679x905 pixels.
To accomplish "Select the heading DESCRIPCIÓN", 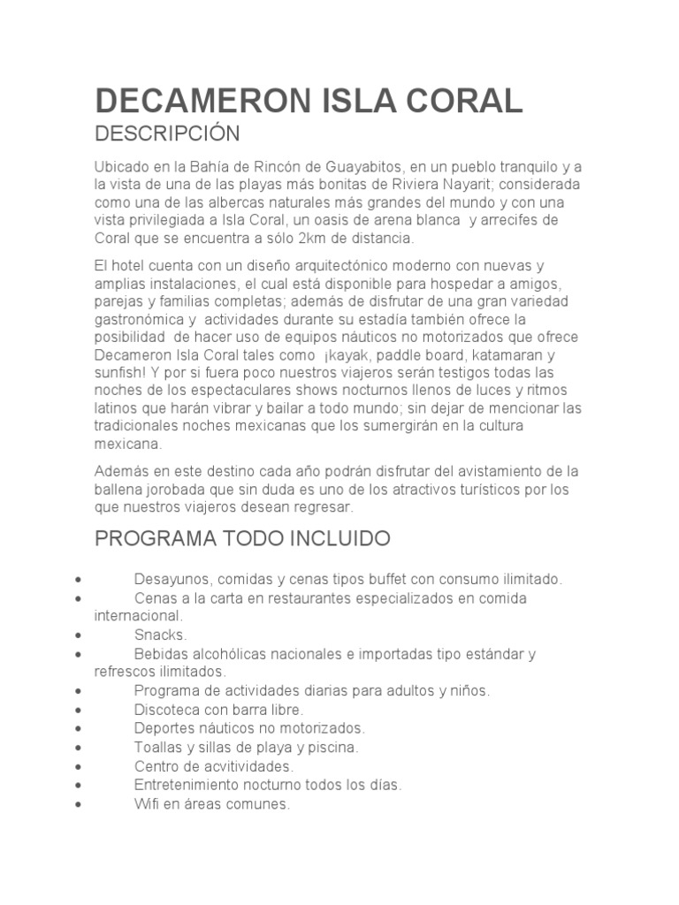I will tap(167, 134).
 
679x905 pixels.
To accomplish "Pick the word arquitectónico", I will tap(324, 266).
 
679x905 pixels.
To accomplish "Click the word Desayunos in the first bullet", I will tap(172, 580).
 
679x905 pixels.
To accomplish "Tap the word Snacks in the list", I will tap(160, 635).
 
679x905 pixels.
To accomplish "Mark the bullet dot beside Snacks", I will tap(80, 635).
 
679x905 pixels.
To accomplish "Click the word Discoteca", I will tap(168, 709).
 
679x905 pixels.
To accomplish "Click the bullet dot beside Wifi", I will tap(80, 804).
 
